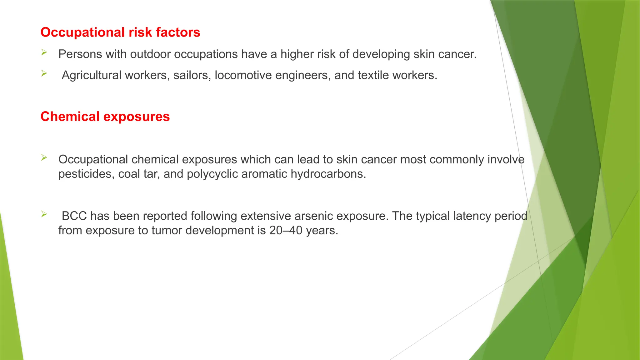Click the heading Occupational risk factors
120,32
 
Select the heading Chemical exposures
105,117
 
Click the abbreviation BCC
74,216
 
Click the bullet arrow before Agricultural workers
44,74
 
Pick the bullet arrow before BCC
44,214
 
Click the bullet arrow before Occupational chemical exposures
44,158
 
